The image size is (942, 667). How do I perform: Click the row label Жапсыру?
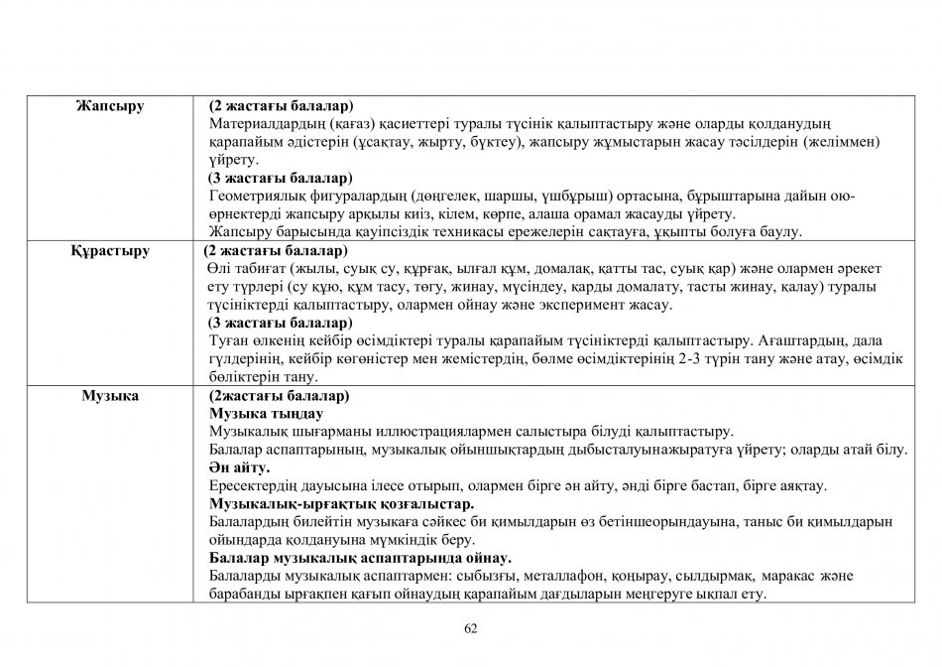click(110, 106)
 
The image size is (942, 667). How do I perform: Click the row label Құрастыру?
click(110, 251)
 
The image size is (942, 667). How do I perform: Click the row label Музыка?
click(110, 396)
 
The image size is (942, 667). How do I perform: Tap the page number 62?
click(471, 627)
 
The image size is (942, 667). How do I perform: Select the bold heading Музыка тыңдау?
click(266, 413)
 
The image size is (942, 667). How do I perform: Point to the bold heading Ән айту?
click(240, 467)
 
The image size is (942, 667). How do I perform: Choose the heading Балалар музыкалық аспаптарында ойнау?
click(360, 558)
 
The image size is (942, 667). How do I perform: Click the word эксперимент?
click(596, 305)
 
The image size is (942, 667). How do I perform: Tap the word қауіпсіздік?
click(361, 232)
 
